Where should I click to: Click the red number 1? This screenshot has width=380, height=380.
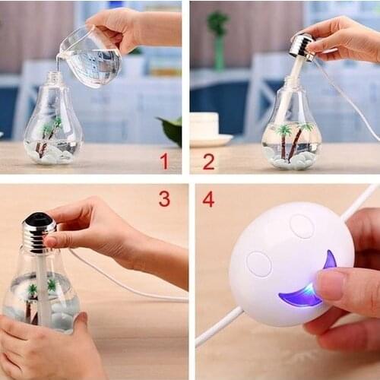(164, 160)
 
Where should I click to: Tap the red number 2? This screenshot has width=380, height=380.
(208, 160)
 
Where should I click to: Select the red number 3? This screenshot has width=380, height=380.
(164, 199)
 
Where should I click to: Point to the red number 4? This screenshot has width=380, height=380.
(207, 199)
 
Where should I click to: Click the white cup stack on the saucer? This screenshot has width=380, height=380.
(204, 126)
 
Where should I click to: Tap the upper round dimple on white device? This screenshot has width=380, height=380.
(302, 226)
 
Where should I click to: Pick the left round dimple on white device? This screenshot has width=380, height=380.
(259, 264)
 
